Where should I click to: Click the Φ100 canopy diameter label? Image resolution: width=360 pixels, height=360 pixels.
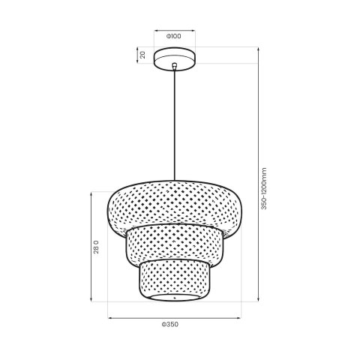pos(174,36)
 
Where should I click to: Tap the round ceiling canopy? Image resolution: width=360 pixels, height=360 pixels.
pos(174,57)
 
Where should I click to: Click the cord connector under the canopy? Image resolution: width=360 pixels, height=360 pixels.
pos(174,68)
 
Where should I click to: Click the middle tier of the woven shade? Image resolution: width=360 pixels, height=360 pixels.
pos(174,244)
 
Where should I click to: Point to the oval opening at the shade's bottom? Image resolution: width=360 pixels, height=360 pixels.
pos(174,298)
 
